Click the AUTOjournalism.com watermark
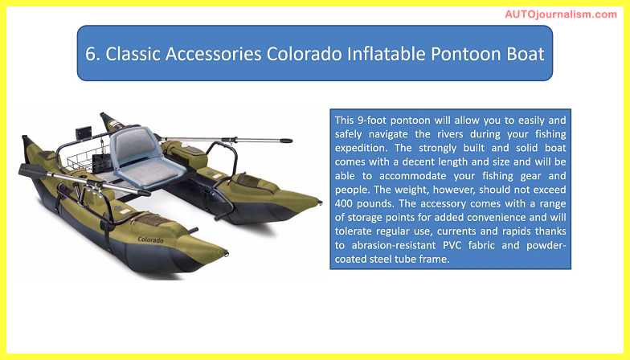point(561,14)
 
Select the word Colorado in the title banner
point(305,54)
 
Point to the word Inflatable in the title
point(386,54)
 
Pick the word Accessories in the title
point(214,54)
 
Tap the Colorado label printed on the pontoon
point(151,239)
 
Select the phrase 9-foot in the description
point(371,121)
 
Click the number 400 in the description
point(344,203)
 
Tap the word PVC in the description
point(452,245)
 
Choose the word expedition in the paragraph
point(362,148)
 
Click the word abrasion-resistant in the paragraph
point(394,245)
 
